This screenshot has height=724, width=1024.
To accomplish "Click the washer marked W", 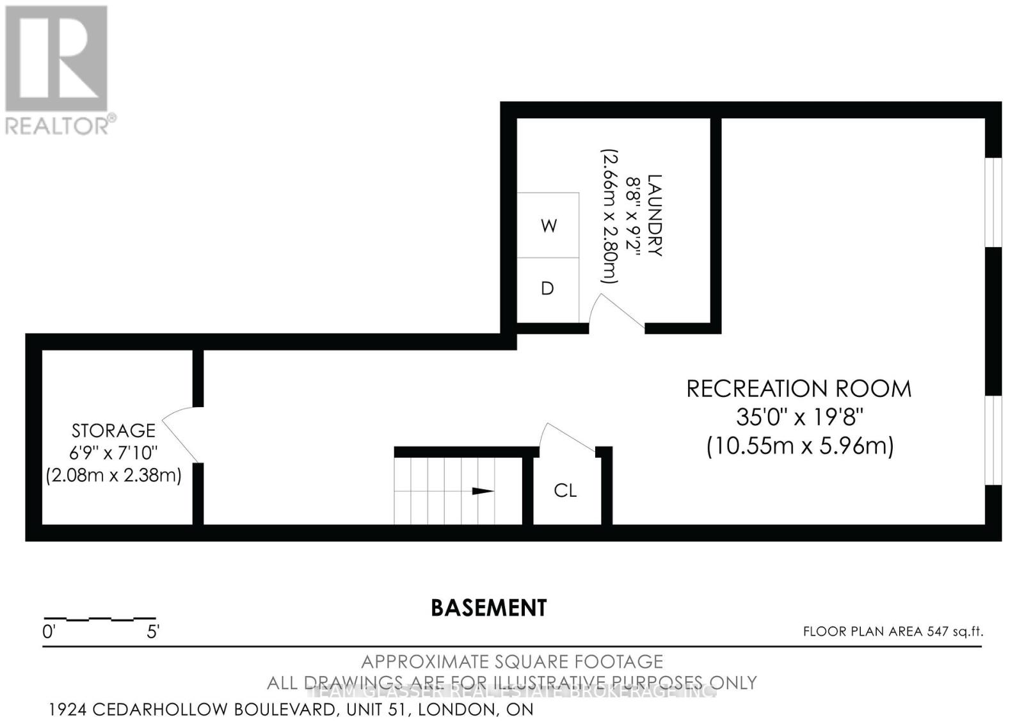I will tap(548, 225).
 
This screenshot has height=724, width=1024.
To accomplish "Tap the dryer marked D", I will tap(547, 289).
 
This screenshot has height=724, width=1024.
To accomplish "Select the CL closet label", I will tap(565, 490).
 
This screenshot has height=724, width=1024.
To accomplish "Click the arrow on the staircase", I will tap(483, 491).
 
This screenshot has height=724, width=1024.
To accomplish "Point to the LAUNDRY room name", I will tap(654, 216).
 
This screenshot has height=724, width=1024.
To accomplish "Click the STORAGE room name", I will tap(113, 430).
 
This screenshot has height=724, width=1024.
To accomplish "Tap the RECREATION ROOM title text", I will tap(799, 389).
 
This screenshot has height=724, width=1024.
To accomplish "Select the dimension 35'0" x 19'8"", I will tap(799, 417).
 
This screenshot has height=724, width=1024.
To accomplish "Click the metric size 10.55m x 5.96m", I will tap(799, 446).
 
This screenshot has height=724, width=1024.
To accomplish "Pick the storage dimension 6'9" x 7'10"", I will tap(113, 453).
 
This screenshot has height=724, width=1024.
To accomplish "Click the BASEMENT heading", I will tap(489, 607).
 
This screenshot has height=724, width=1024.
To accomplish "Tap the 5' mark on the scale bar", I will tap(153, 632).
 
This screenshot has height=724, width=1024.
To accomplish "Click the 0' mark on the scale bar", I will tap(49, 632).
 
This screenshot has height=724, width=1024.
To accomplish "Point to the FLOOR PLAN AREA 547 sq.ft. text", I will tap(893, 632).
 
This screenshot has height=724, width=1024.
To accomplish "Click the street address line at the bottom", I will tap(291, 709).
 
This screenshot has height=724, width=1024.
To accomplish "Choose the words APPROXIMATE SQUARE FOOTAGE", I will tap(512, 661).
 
